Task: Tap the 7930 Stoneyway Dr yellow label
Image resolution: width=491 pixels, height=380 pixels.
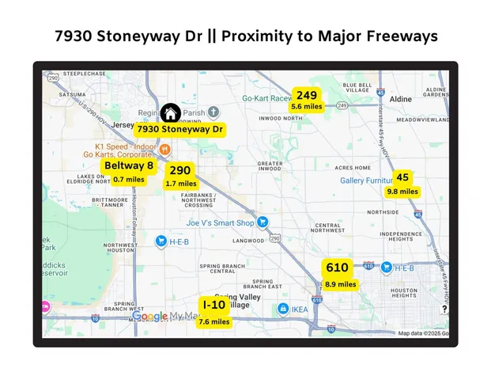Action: [x=179, y=129]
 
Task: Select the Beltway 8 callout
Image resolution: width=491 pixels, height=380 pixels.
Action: [x=129, y=171]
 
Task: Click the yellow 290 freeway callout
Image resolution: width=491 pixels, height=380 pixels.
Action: [x=180, y=176]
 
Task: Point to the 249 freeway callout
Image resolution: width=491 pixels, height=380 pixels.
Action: [x=307, y=100]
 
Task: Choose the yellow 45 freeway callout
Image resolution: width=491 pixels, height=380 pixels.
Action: [x=402, y=183]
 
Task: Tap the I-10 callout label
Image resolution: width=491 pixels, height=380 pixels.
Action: [x=214, y=312]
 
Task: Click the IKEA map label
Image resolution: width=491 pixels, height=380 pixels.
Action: [x=300, y=310]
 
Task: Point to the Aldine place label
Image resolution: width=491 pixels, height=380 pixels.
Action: [x=401, y=99]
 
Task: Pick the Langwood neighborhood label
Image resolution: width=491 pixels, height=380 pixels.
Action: [x=248, y=241]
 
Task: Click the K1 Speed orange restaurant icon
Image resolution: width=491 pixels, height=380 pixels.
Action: [x=164, y=148]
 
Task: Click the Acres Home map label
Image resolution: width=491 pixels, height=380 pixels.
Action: [x=353, y=168]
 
